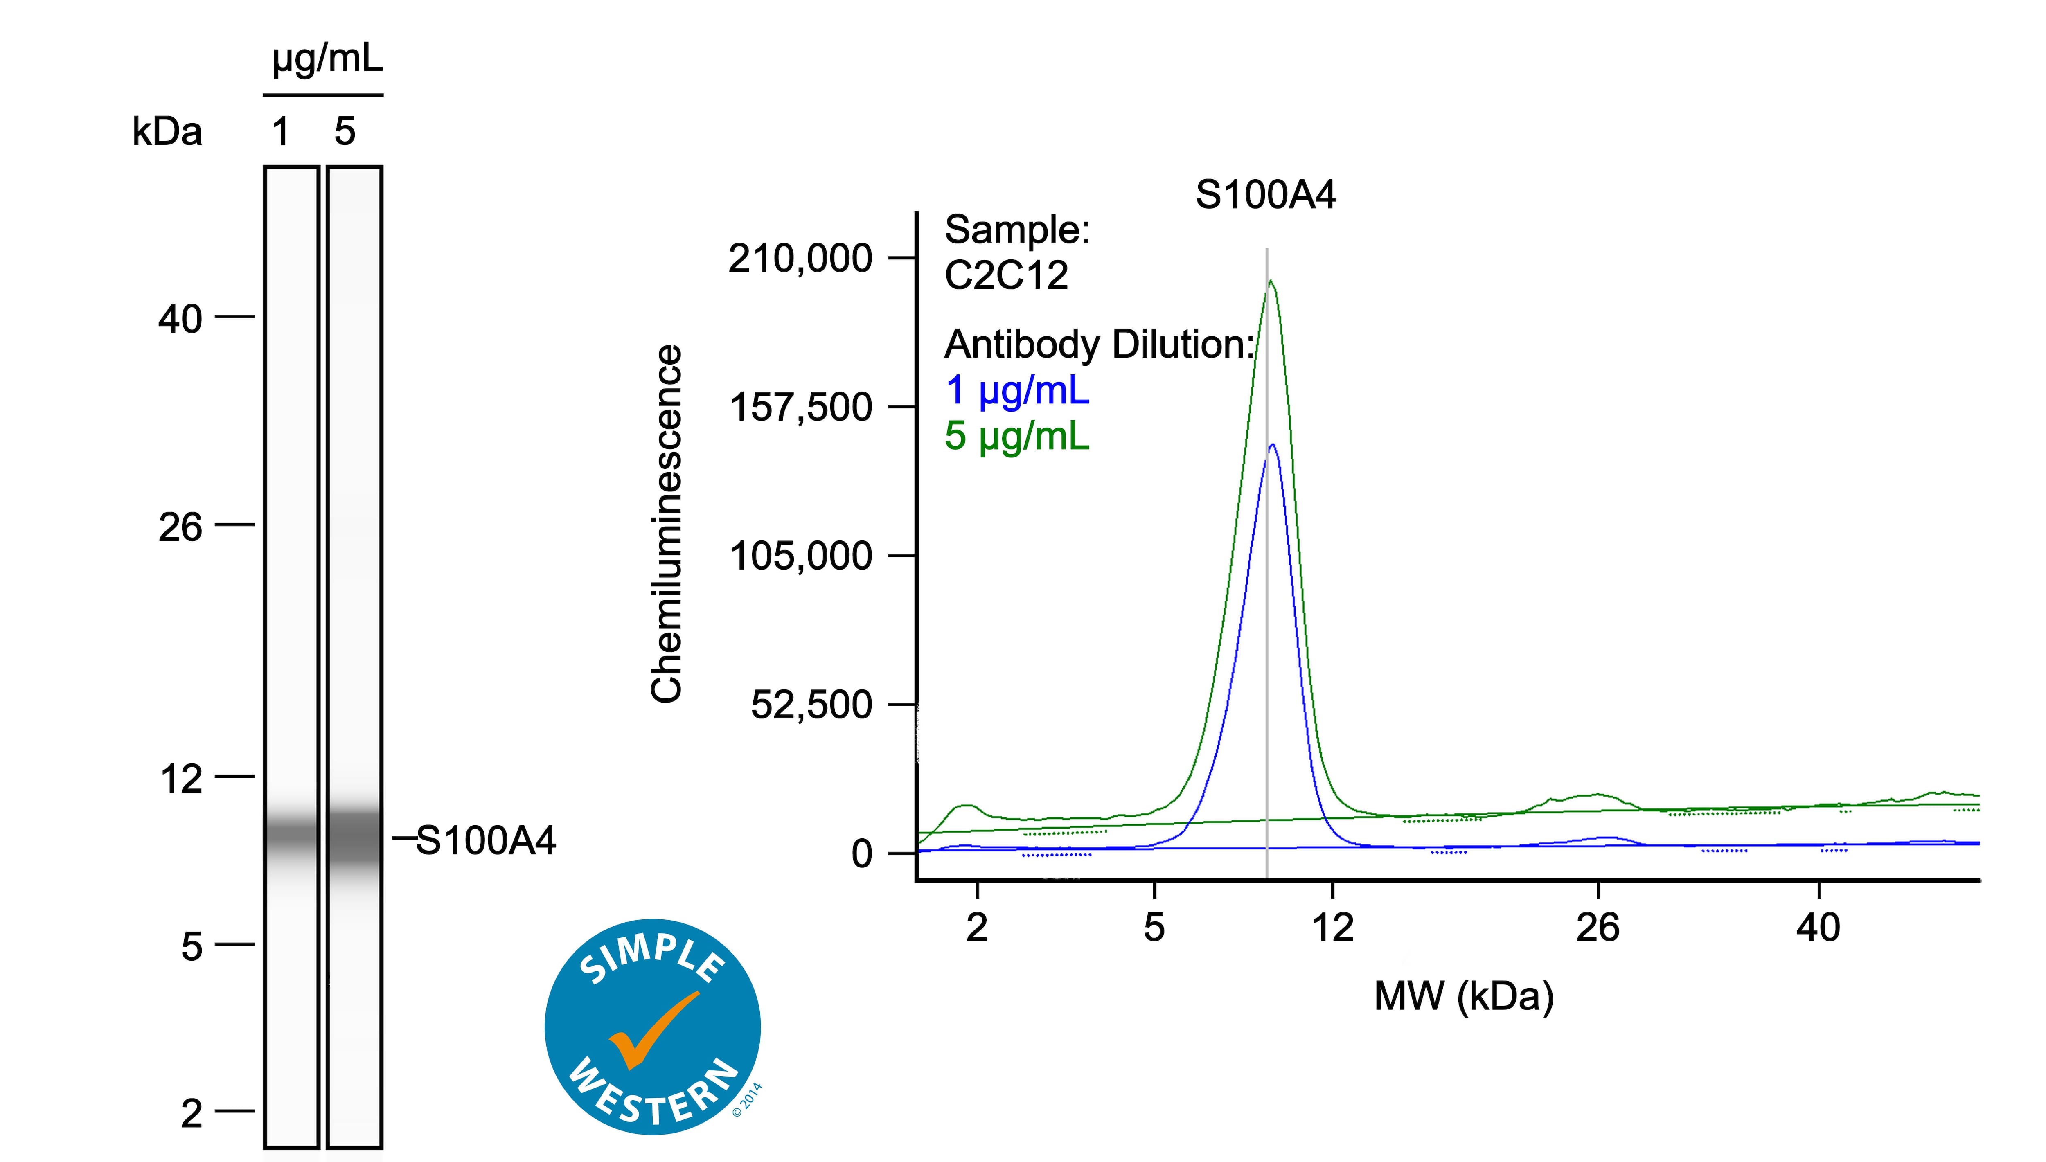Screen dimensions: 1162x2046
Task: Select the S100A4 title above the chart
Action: [x=1266, y=195]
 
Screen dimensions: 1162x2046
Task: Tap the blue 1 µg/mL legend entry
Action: [x=1016, y=390]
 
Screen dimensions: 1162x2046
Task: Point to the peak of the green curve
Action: [x=1271, y=281]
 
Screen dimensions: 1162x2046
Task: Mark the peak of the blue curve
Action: [x=1272, y=445]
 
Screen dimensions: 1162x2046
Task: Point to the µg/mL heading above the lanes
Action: [x=327, y=58]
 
